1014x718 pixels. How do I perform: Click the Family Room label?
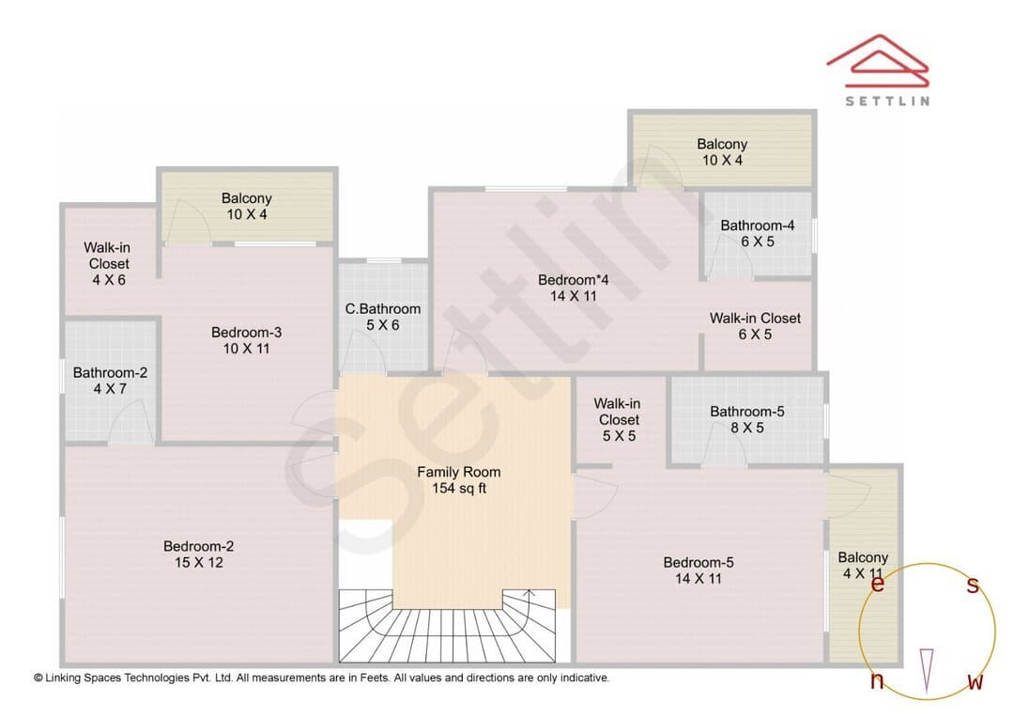(458, 472)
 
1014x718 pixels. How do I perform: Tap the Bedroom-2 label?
(198, 546)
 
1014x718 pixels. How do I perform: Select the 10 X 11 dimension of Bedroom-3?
(246, 349)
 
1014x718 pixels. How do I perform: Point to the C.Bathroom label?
(383, 309)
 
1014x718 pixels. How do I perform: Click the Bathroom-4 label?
(758, 226)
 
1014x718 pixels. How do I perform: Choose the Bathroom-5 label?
(747, 412)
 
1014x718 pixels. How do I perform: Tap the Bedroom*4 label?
(574, 280)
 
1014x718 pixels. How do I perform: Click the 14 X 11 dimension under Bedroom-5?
(699, 579)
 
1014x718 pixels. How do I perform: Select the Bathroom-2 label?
(110, 373)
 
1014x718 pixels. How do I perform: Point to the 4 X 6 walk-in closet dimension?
(109, 280)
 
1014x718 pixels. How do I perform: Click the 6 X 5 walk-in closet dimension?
(755, 335)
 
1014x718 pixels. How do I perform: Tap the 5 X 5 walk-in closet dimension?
(619, 436)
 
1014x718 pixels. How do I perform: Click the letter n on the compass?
(877, 680)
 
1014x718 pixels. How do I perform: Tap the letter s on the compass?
(973, 585)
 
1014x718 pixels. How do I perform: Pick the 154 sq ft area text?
(459, 488)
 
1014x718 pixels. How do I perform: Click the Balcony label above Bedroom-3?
(246, 198)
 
